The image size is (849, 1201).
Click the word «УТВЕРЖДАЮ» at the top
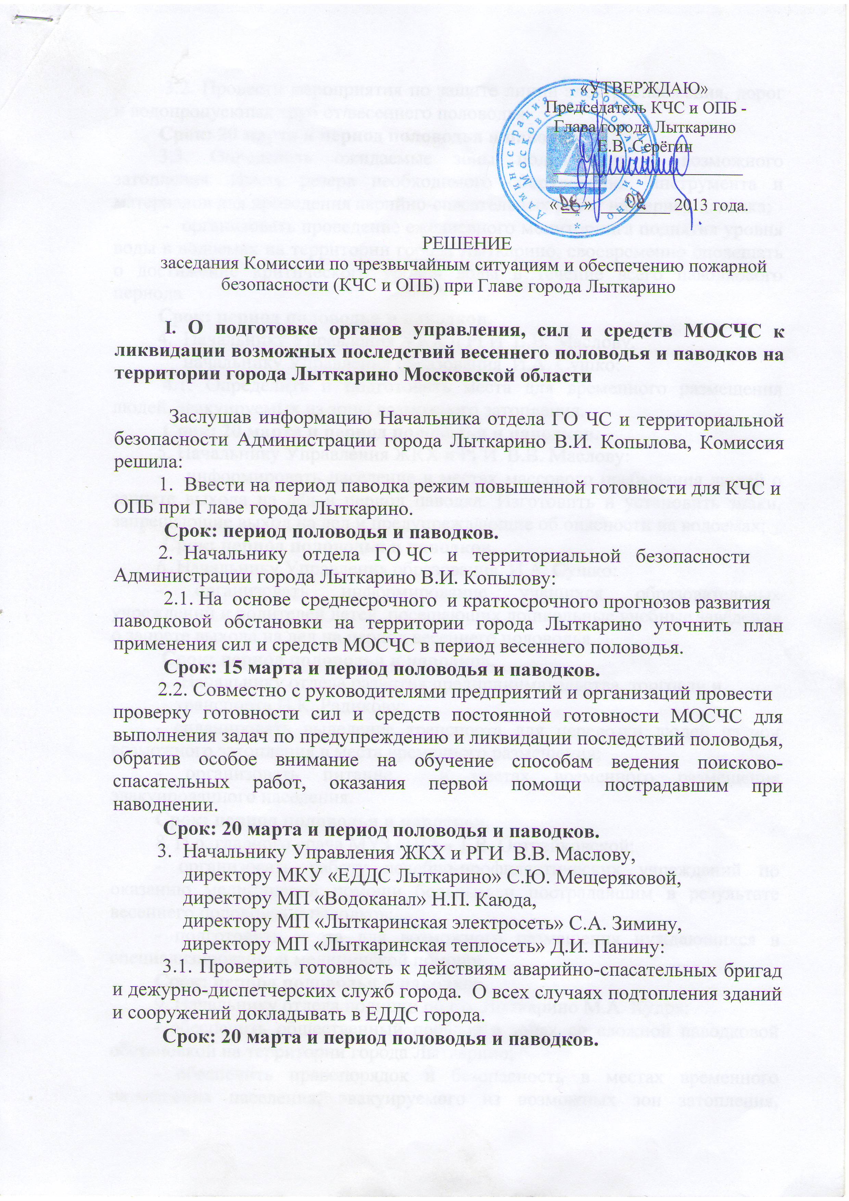pos(652,89)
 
